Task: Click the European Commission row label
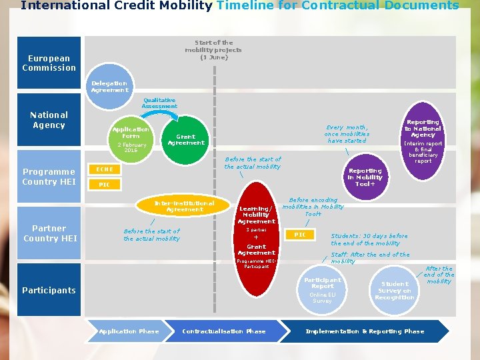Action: pyautogui.click(x=49, y=63)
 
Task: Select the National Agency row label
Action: pyautogui.click(x=49, y=120)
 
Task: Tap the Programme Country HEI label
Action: pyautogui.click(x=49, y=176)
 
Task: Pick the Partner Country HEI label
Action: pyautogui.click(x=49, y=233)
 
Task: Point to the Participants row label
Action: pyautogui.click(x=49, y=290)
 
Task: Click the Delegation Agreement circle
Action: pyautogui.click(x=110, y=87)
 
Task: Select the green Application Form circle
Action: pyautogui.click(x=131, y=139)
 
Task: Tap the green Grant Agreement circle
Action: pyautogui.click(x=186, y=140)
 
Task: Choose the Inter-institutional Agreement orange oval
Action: pyautogui.click(x=185, y=207)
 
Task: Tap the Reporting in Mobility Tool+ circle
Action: pyautogui.click(x=365, y=177)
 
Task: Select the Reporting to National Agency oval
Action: pyautogui.click(x=423, y=140)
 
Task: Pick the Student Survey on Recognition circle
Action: pyautogui.click(x=395, y=290)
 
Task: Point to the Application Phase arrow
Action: pyautogui.click(x=129, y=331)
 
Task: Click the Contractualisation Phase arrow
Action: pyautogui.click(x=225, y=331)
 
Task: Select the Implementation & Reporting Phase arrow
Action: pyautogui.click(x=365, y=331)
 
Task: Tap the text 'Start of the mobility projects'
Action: pyautogui.click(x=213, y=49)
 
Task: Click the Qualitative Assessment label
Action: pyautogui.click(x=159, y=103)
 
